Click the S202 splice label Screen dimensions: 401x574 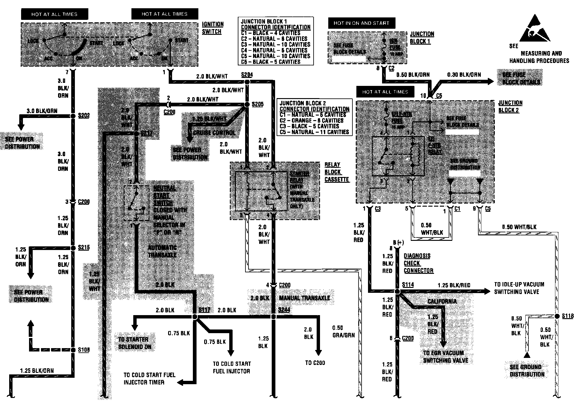pyautogui.click(x=83, y=116)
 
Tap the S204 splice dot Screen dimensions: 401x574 pyautogui.click(x=247, y=82)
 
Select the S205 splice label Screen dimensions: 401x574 pyautogui.click(x=257, y=105)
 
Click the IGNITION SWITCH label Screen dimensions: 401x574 pyautogui.click(x=213, y=28)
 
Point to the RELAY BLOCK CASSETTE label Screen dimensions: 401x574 pyautogui.click(x=337, y=172)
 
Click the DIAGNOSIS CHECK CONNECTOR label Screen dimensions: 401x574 pyautogui.click(x=418, y=263)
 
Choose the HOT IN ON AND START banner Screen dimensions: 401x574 pyautogui.click(x=361, y=23)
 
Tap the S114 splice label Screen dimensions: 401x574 pyautogui.click(x=408, y=285)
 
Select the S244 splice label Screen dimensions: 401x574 pyautogui.click(x=284, y=310)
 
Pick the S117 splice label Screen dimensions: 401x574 pyautogui.click(x=204, y=310)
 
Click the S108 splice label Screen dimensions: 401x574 pyautogui.click(x=83, y=350)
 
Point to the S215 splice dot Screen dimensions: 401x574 pyautogui.click(x=73, y=248)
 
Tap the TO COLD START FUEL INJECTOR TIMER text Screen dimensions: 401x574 pyautogui.click(x=149, y=378)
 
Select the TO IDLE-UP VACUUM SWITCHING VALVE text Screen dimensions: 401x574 pyautogui.click(x=519, y=288)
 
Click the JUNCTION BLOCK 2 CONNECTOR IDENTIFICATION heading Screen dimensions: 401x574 pyautogui.click(x=314, y=106)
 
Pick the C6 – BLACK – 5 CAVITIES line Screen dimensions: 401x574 pyautogui.click(x=270, y=62)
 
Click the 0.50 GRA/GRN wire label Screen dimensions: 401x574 pyautogui.click(x=344, y=332)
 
